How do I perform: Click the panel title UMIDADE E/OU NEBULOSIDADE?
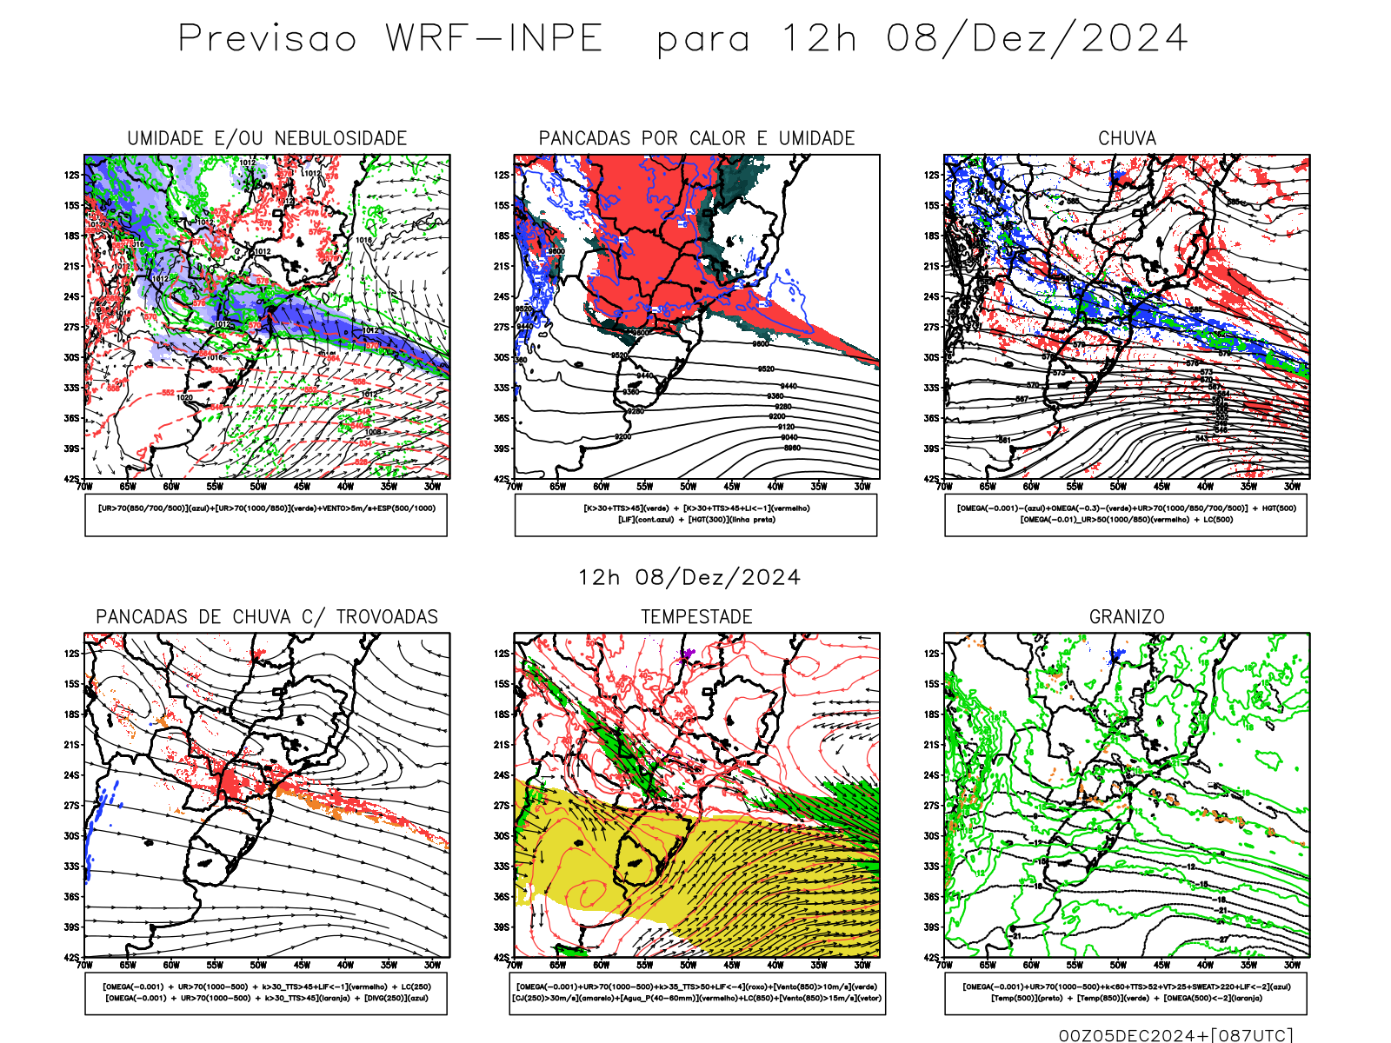[267, 138]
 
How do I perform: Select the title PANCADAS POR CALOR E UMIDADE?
[696, 138]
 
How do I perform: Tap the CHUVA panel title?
[1127, 138]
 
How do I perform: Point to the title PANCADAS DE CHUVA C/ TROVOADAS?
[267, 617]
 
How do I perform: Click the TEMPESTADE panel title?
[696, 617]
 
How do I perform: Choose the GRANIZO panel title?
[1127, 617]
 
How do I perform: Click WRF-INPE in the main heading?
[494, 39]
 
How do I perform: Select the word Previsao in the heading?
[267, 39]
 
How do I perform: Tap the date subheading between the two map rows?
[689, 578]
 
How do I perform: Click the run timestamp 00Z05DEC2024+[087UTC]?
[1175, 1035]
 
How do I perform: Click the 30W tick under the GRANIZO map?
[1292, 965]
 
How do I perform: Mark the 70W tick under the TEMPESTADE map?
[515, 965]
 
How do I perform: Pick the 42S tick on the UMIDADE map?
[70, 479]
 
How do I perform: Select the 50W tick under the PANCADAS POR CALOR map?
[688, 487]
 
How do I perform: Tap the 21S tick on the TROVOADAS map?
[70, 745]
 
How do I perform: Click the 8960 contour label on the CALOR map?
[792, 448]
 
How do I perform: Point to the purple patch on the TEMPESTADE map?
[689, 652]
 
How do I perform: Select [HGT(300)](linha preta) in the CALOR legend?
[731, 520]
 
